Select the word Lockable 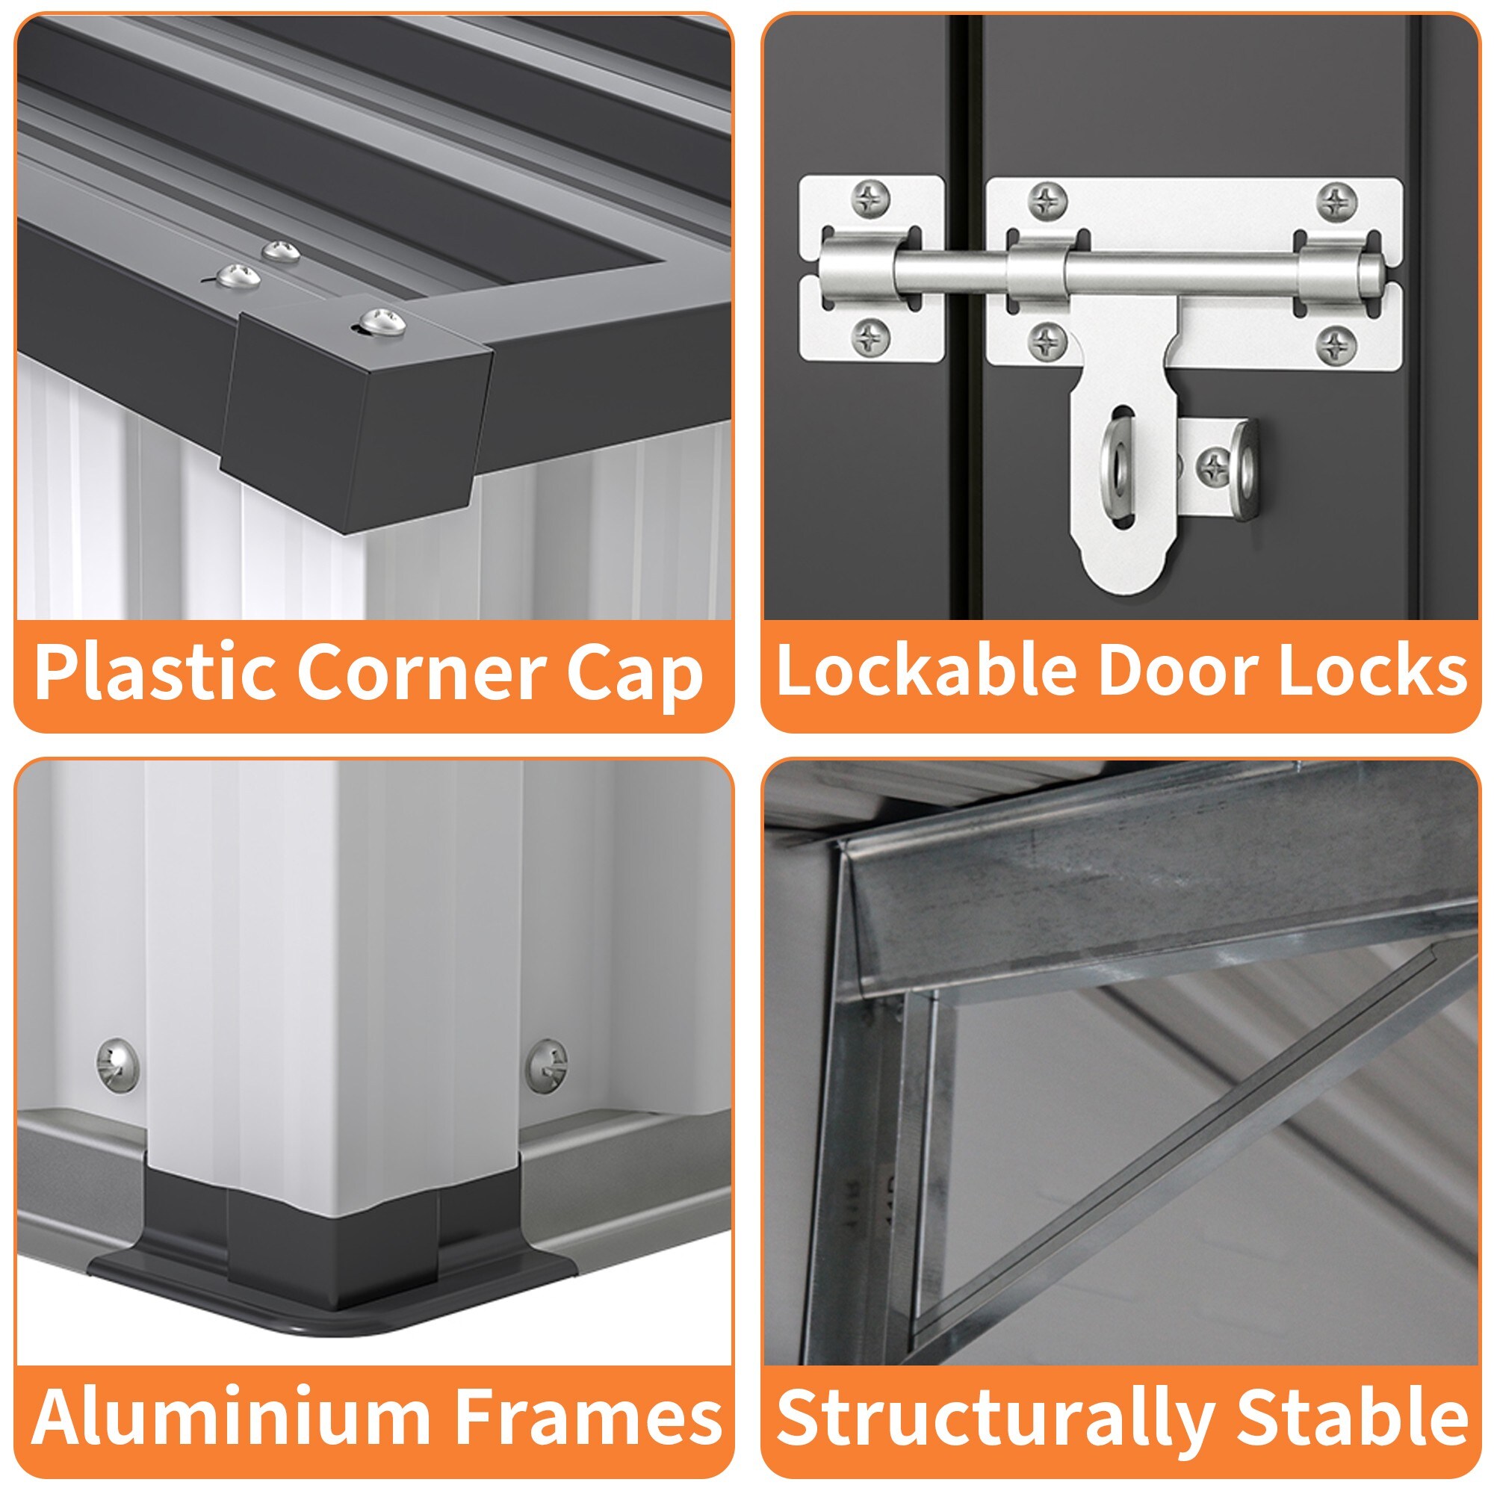click(x=926, y=669)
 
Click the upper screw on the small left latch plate click(x=872, y=200)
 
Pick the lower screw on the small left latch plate click(x=872, y=337)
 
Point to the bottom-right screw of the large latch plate click(x=1336, y=344)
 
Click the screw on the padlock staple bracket click(x=1214, y=465)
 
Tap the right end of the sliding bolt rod click(x=1377, y=272)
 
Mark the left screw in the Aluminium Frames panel click(x=117, y=1064)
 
